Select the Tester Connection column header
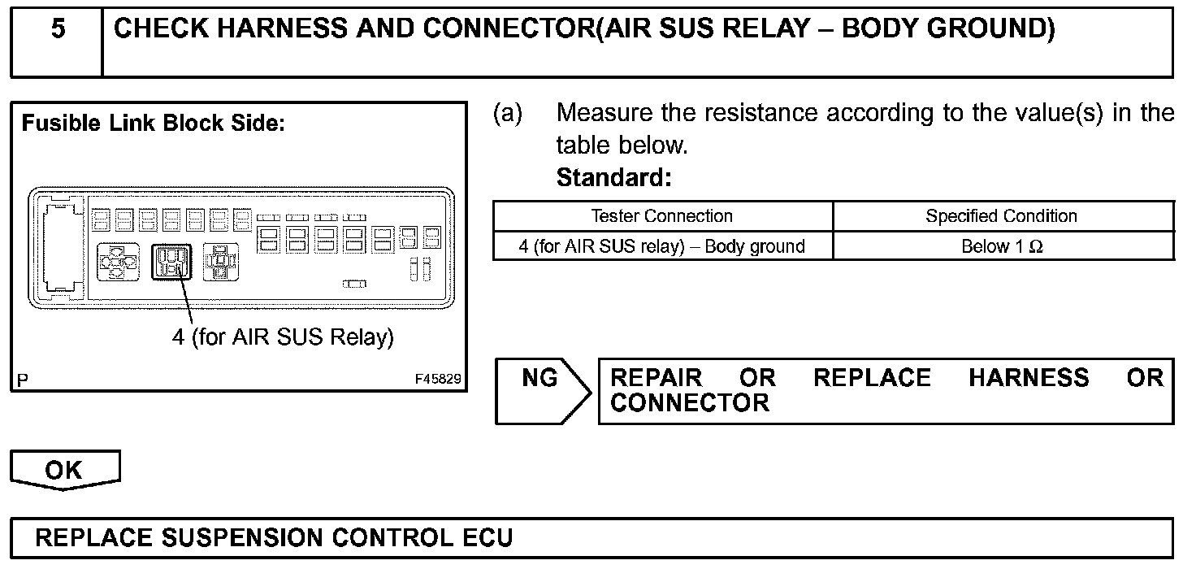pyautogui.click(x=661, y=216)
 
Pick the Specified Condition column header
pyautogui.click(x=1001, y=216)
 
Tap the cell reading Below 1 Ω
pyautogui.click(x=1001, y=246)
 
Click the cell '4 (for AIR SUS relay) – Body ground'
pyautogui.click(x=661, y=246)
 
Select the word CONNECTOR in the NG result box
pyautogui.click(x=689, y=403)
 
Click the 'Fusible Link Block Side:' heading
pyautogui.click(x=153, y=124)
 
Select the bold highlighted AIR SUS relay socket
pyautogui.click(x=171, y=263)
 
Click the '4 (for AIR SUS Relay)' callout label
pyautogui.click(x=282, y=337)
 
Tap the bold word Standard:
pyautogui.click(x=613, y=178)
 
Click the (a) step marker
pyautogui.click(x=508, y=114)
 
